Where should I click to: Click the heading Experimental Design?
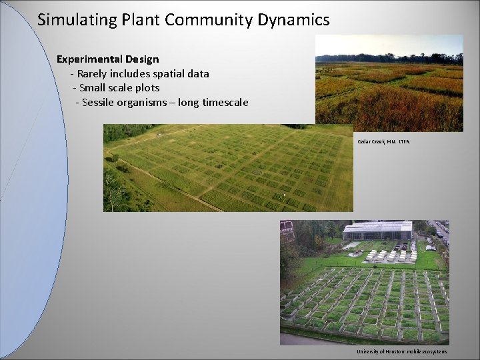click(x=107, y=59)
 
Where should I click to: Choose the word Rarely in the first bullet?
click(x=94, y=74)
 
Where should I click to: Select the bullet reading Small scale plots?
click(x=119, y=88)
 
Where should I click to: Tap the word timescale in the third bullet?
click(x=223, y=103)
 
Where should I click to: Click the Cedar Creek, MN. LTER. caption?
click(x=384, y=141)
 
